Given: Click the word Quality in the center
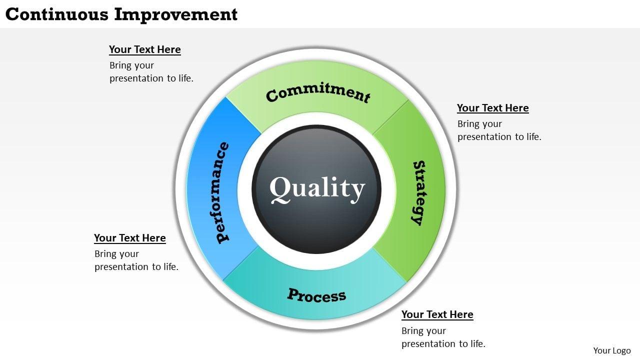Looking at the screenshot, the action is click(x=317, y=189).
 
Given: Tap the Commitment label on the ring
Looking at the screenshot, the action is click(x=318, y=93).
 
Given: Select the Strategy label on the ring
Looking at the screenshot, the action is click(x=418, y=192).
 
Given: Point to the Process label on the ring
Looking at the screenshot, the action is click(x=316, y=295).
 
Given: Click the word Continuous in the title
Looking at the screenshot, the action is click(x=57, y=14).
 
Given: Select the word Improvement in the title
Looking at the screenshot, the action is click(x=176, y=14).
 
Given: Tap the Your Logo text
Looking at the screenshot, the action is click(x=611, y=350).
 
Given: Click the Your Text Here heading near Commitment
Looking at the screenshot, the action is click(x=145, y=49).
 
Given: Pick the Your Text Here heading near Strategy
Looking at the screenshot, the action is click(x=492, y=108).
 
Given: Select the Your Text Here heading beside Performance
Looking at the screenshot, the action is click(x=130, y=238).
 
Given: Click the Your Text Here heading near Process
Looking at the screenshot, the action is click(x=437, y=314).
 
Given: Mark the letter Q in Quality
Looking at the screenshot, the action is click(x=280, y=189).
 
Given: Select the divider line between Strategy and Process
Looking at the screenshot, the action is click(x=389, y=265).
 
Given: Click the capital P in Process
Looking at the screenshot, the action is click(x=292, y=293).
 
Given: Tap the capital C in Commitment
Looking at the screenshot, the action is click(x=272, y=95).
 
